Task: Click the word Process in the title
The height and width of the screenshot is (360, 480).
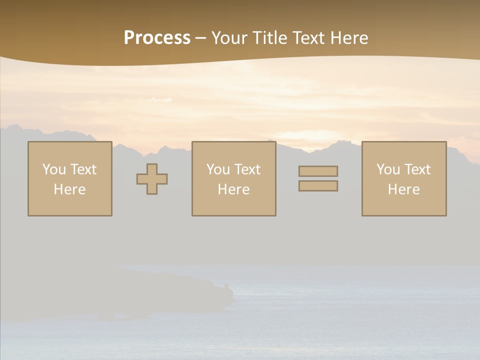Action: pyautogui.click(x=157, y=38)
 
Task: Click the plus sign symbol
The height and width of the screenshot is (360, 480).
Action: pyautogui.click(x=152, y=179)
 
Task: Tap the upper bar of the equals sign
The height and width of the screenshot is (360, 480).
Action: pyautogui.click(x=318, y=171)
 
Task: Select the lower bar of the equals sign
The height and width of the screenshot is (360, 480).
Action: pyautogui.click(x=318, y=186)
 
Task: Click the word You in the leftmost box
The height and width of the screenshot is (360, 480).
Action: pyautogui.click(x=54, y=169)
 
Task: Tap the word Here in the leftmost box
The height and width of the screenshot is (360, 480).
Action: pyautogui.click(x=70, y=189)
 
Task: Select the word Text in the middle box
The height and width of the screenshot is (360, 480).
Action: pyautogui.click(x=247, y=169)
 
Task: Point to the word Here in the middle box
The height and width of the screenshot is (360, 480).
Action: pyautogui.click(x=234, y=189)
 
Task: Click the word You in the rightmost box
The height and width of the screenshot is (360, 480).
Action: pyautogui.click(x=388, y=169)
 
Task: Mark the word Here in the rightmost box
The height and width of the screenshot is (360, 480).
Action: pyautogui.click(x=404, y=189)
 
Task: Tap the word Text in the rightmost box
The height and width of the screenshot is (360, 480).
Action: pyautogui.click(x=417, y=169)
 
